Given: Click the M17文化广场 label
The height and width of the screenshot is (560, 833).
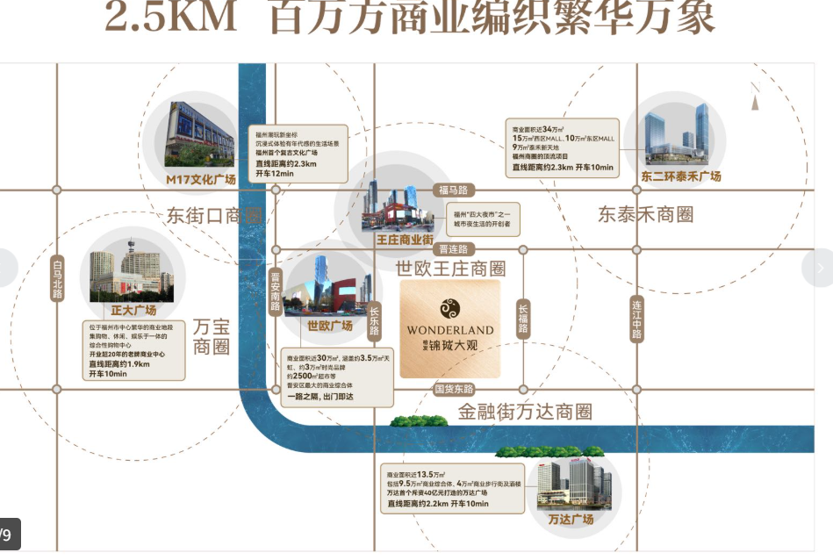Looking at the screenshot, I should click(201, 179).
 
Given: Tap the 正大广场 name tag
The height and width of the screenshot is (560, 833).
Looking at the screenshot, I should click(133, 310).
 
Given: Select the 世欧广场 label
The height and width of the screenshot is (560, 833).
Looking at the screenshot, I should click(329, 326).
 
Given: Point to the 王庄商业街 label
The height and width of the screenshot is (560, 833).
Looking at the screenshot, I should click(405, 239).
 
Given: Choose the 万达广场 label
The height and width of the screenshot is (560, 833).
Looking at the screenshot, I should click(571, 519).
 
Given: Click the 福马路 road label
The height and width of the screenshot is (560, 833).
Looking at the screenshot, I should click(455, 190).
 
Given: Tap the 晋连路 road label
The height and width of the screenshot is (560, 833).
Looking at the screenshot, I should click(453, 249).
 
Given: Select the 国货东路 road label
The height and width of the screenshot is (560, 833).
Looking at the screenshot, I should click(454, 388).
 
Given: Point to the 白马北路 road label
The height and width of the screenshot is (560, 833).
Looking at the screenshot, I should click(58, 279).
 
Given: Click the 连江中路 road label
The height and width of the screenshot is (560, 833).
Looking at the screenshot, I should click(637, 319).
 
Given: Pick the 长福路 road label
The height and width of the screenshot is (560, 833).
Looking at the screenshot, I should click(523, 319).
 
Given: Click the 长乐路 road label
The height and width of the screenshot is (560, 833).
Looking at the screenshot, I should click(374, 320).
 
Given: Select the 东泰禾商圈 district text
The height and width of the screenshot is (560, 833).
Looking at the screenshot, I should click(646, 214).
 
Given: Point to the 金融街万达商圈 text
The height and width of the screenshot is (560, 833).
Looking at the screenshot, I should click(525, 411).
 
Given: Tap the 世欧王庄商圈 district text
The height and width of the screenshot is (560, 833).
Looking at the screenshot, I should click(450, 268).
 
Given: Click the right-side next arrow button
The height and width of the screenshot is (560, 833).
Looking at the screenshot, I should click(819, 268).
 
